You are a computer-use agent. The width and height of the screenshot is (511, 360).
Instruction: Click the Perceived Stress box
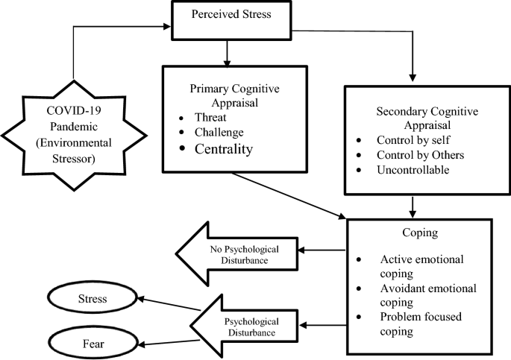tap(231, 15)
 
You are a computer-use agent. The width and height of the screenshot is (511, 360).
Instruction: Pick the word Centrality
tap(224, 150)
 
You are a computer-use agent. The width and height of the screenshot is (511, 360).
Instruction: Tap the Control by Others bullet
tap(420, 155)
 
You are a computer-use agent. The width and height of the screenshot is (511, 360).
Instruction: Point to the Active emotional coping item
tap(420, 265)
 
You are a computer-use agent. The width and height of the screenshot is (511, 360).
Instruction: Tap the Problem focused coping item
tap(420, 323)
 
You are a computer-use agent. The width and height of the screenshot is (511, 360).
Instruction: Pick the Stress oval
tap(93, 300)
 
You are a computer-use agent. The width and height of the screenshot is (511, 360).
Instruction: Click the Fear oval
tap(93, 344)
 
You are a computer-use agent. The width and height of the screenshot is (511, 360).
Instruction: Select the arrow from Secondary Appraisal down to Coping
tap(413, 206)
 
